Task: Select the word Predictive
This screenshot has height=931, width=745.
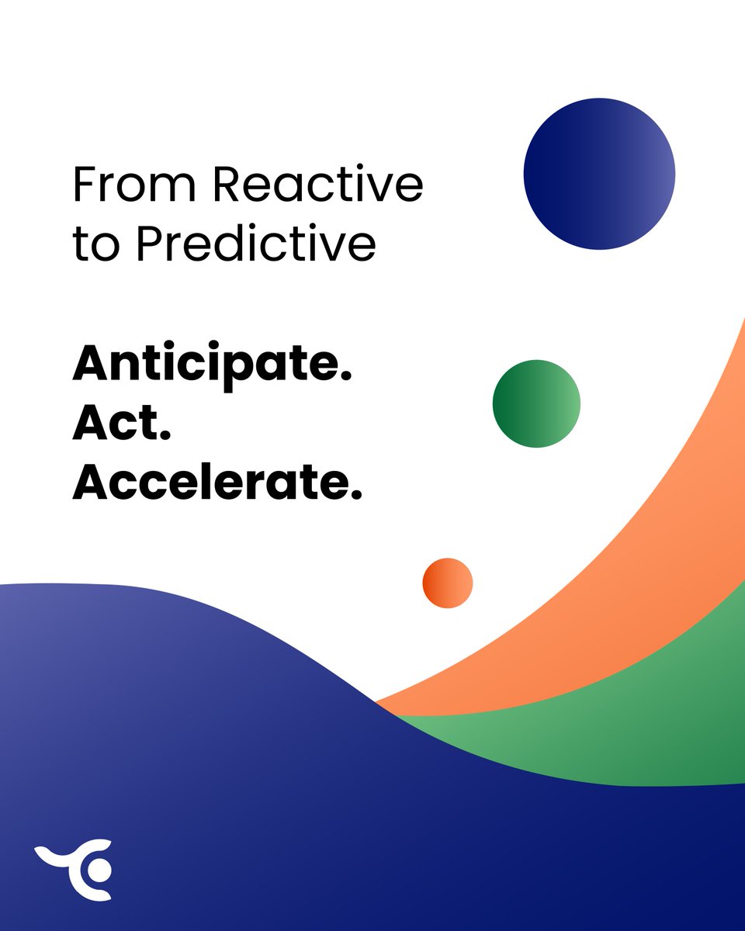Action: [256, 244]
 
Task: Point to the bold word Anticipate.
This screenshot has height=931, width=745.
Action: [211, 362]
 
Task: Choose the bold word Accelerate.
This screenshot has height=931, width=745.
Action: [217, 482]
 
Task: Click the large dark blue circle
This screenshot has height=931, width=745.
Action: [599, 174]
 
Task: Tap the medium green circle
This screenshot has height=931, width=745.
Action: [536, 403]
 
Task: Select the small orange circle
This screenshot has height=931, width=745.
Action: [448, 583]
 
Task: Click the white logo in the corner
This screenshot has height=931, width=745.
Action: [78, 869]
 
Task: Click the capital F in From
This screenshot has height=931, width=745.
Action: [84, 185]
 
